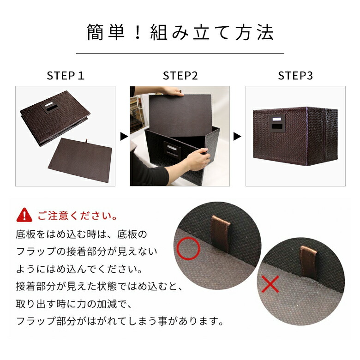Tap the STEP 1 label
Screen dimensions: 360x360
click(x=66, y=76)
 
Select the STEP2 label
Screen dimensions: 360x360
click(x=180, y=76)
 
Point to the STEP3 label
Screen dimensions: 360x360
click(x=295, y=76)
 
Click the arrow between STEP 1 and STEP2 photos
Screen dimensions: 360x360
click(x=123, y=137)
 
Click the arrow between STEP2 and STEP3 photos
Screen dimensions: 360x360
click(x=237, y=137)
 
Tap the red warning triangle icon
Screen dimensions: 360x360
click(x=24, y=215)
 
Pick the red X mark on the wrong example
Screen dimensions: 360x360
click(x=270, y=285)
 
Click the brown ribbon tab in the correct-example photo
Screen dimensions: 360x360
click(x=221, y=233)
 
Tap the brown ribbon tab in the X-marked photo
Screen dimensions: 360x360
click(x=306, y=261)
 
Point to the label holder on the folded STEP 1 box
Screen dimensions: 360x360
click(x=49, y=108)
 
